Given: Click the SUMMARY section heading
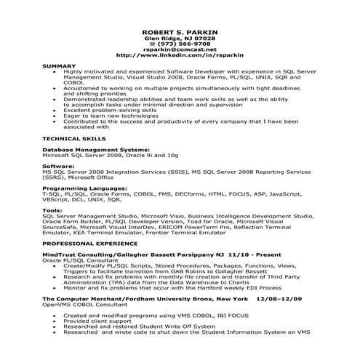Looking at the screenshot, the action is [60, 66].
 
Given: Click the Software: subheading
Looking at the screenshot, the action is [58, 167].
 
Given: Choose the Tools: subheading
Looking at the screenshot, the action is [52, 210].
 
